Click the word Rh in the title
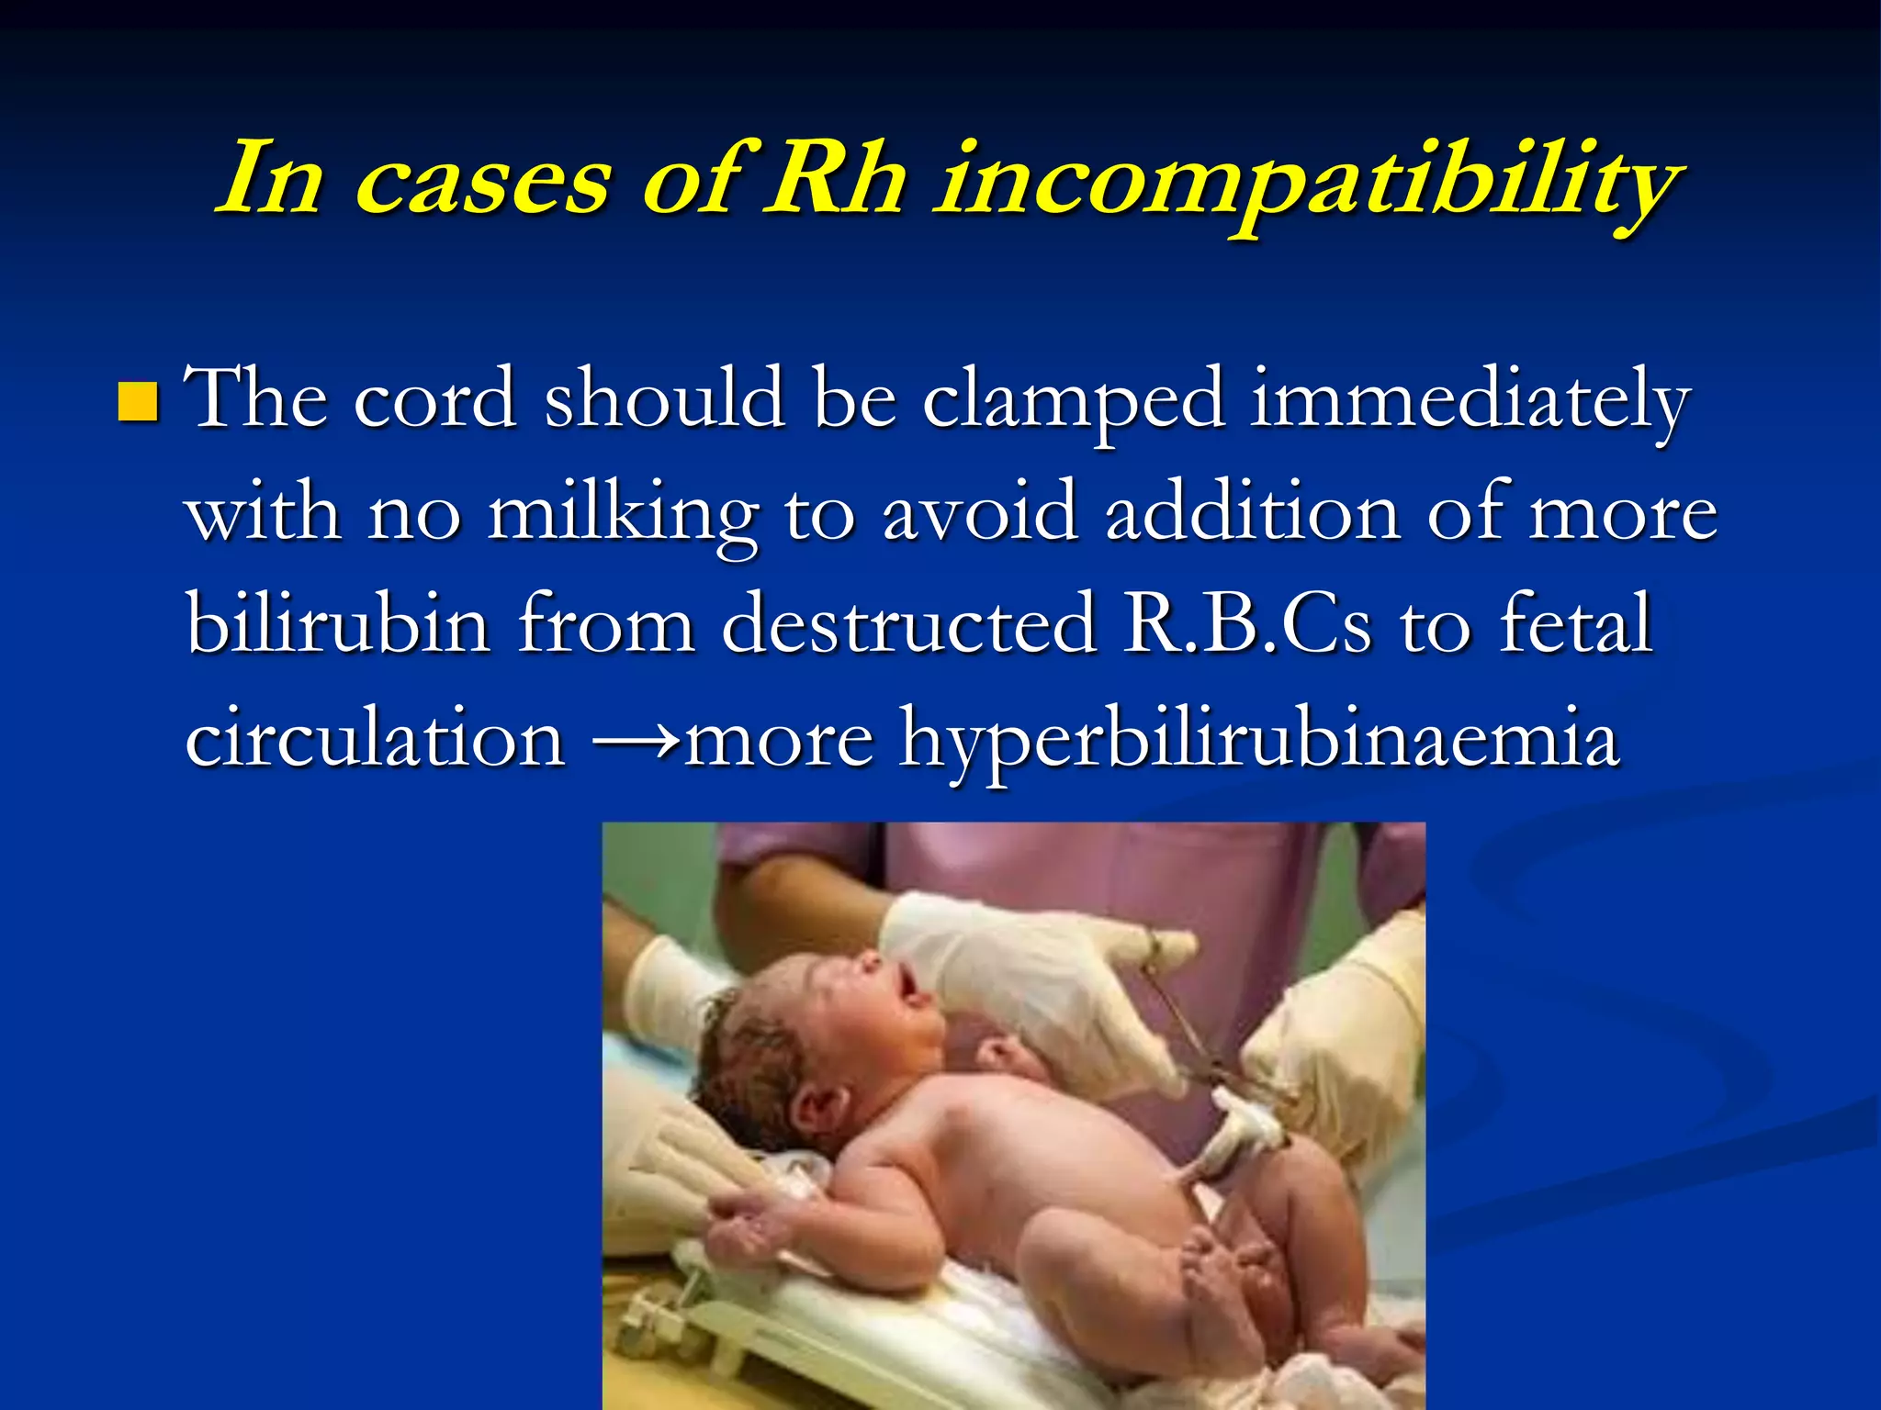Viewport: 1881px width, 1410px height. [837, 179]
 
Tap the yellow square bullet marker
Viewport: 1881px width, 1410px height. [139, 401]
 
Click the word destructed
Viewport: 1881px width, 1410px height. [909, 624]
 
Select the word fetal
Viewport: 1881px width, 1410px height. [1576, 624]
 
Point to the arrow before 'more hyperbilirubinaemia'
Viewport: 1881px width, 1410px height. [637, 739]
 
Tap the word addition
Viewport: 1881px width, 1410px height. [1254, 512]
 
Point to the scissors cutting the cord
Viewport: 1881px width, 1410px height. [1194, 1028]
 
